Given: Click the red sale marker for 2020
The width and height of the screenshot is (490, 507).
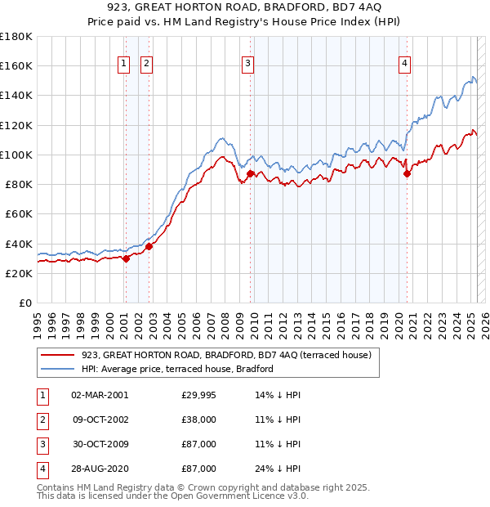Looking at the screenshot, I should click(x=407, y=173).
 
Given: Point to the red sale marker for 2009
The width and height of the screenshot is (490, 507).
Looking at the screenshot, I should click(x=250, y=173).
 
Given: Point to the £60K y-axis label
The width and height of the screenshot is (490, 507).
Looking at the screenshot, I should click(x=18, y=213).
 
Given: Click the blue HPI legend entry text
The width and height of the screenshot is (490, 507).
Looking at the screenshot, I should click(x=177, y=369).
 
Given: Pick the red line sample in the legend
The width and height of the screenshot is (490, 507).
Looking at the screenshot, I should click(x=57, y=355).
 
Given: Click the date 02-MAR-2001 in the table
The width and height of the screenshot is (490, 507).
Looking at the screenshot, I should click(x=100, y=395).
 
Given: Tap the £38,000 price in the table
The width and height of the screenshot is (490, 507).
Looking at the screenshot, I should click(x=198, y=420).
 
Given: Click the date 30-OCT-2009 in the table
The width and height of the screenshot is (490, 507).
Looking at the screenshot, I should click(x=100, y=444).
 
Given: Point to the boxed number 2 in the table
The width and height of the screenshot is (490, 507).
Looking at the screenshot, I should click(x=41, y=420).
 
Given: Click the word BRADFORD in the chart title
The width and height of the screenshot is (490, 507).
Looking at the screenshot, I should click(x=292, y=7).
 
